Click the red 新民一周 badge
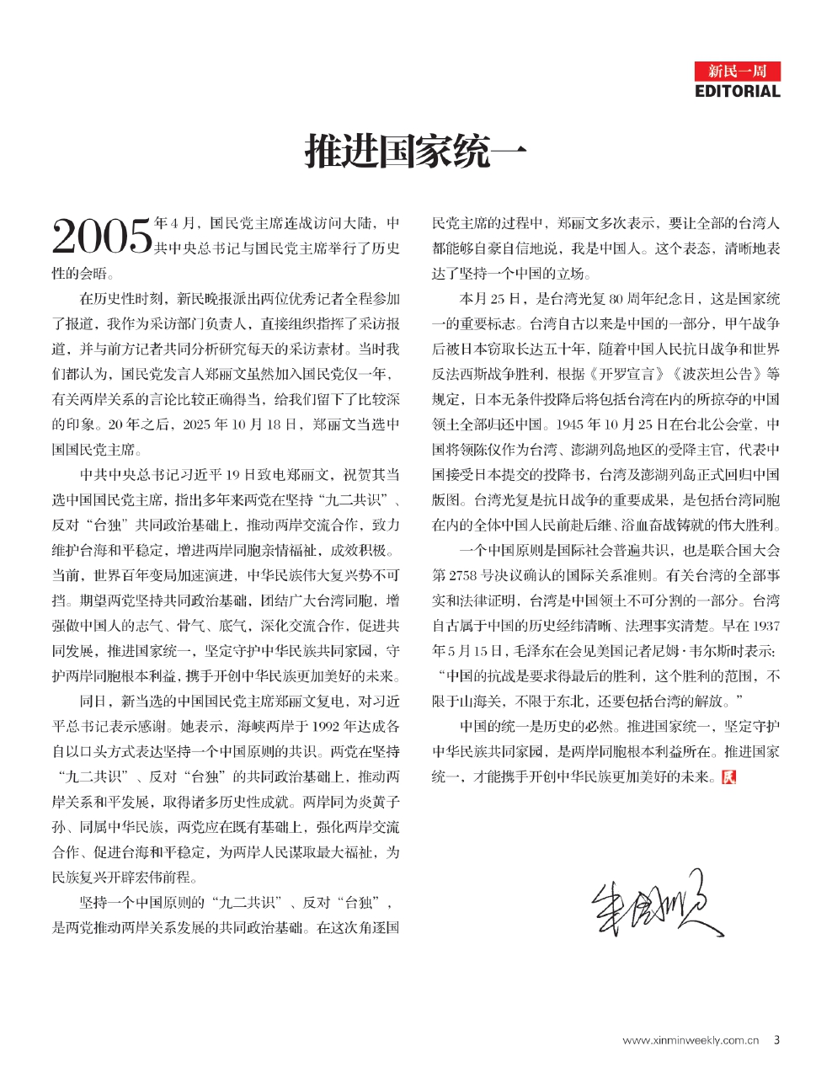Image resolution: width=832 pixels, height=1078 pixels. click(x=738, y=71)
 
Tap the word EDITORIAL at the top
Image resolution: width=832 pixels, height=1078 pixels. click(x=738, y=91)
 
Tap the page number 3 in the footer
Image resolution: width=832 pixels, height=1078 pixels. click(x=776, y=1040)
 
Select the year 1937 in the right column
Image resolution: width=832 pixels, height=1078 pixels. click(x=765, y=626)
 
